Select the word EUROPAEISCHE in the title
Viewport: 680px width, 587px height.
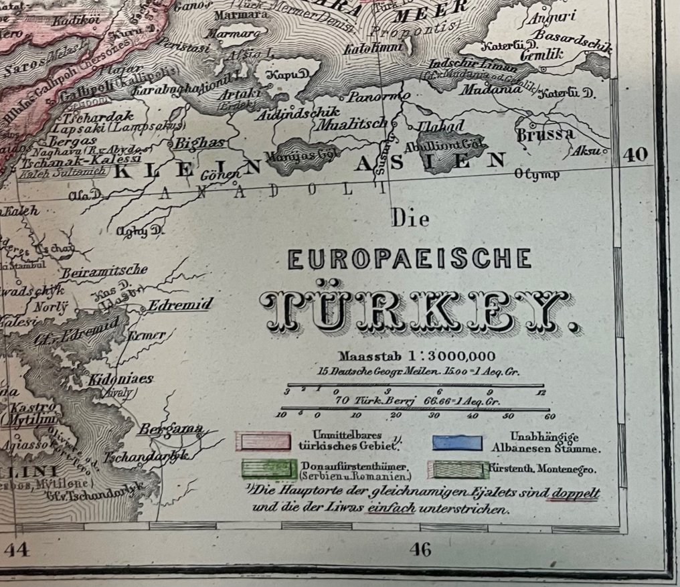pyautogui.click(x=410, y=259)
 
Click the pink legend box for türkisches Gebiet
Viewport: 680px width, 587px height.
pyautogui.click(x=262, y=442)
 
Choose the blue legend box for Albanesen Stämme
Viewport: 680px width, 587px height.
pyautogui.click(x=457, y=442)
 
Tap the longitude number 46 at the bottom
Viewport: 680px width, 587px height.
pyautogui.click(x=420, y=550)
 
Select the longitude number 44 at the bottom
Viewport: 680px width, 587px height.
pyautogui.click(x=18, y=550)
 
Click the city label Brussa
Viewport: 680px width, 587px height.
pyautogui.click(x=545, y=134)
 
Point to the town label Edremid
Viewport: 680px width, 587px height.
pyautogui.click(x=180, y=305)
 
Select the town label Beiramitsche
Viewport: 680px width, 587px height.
pyautogui.click(x=104, y=271)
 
